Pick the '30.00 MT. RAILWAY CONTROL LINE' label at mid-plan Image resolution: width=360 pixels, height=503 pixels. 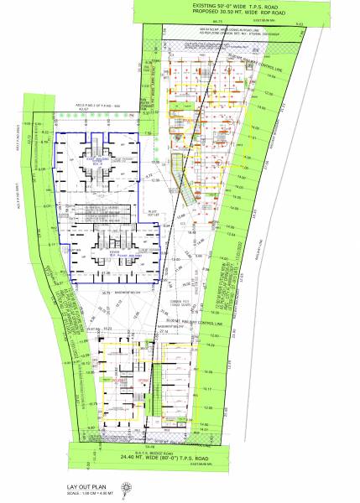pos(194,321)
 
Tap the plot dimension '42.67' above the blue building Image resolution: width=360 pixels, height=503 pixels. pos(83,109)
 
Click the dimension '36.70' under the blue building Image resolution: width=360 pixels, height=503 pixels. pos(107,293)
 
